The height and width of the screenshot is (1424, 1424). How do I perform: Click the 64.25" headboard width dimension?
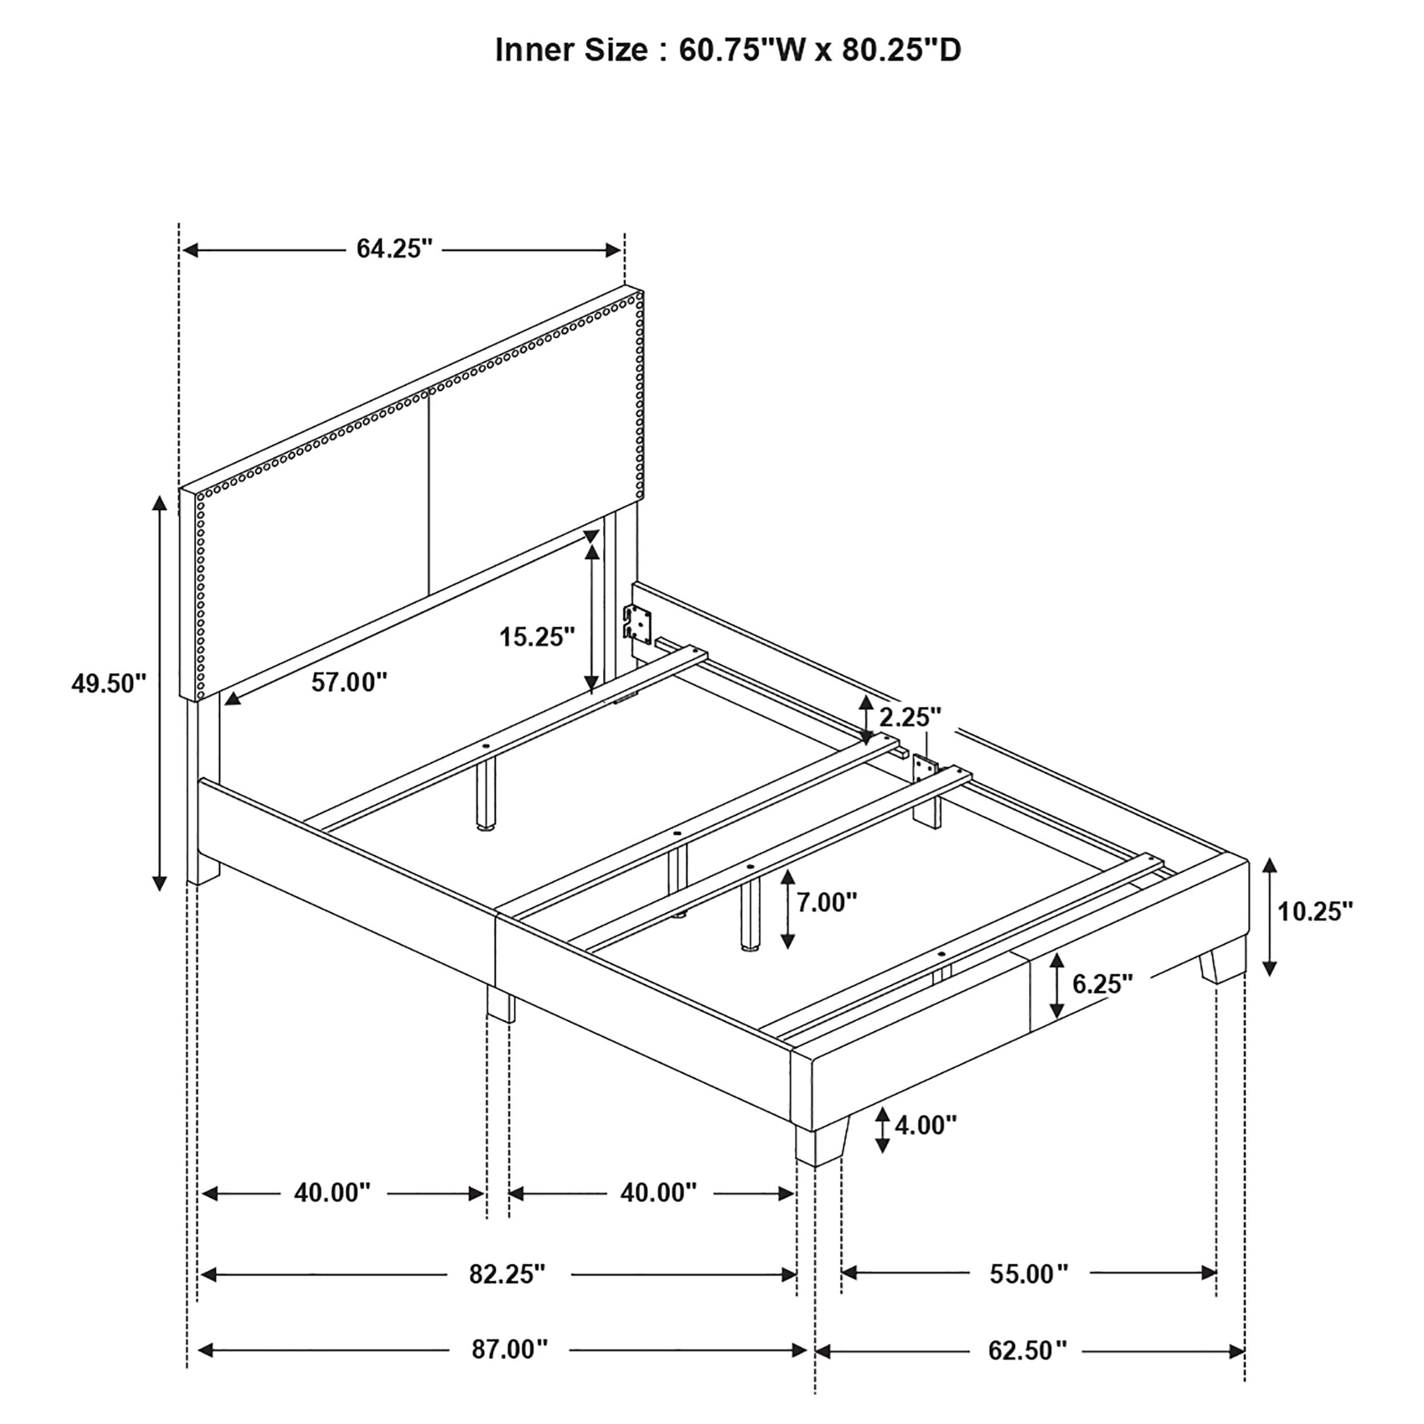click(394, 249)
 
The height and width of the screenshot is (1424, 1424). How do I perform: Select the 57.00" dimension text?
click(349, 682)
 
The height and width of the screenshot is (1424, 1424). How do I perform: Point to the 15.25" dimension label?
click(537, 636)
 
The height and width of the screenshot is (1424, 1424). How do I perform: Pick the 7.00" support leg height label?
click(826, 902)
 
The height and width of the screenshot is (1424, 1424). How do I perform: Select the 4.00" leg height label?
click(925, 1125)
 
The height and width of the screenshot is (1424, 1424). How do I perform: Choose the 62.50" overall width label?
click(1027, 1351)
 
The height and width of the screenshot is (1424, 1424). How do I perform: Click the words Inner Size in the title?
click(571, 50)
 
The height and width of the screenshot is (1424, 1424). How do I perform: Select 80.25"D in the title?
click(901, 50)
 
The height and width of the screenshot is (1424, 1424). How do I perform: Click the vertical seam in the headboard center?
click(428, 494)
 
